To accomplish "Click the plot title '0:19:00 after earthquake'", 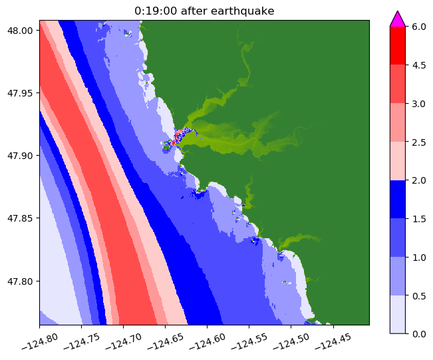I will [204, 10].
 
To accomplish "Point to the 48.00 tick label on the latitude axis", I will [21, 30].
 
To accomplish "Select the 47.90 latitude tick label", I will [21, 155].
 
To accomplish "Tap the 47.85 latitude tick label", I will [21, 218].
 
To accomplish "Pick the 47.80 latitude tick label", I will [21, 281].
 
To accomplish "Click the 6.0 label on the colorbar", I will [419, 27].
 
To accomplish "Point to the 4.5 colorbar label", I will [419, 65].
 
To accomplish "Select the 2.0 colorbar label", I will [419, 180].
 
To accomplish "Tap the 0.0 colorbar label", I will [419, 333].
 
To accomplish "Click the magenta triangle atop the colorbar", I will [398, 19].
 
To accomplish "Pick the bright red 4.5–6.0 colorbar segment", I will [398, 46].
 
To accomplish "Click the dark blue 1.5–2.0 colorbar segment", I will [398, 199].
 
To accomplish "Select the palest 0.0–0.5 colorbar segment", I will [398, 313].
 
